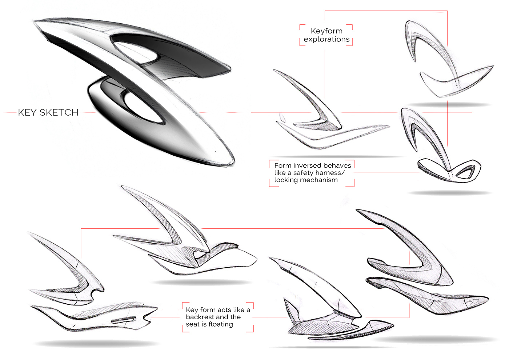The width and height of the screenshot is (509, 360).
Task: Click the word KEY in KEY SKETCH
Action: [x=27, y=112]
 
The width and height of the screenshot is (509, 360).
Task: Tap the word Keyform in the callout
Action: [x=326, y=31]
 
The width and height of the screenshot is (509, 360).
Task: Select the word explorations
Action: [x=326, y=39]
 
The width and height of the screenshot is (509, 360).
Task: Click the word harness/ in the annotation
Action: [x=330, y=173]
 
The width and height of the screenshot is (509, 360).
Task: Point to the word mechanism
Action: [x=321, y=180]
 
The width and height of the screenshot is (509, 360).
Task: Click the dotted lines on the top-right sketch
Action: [x=458, y=82]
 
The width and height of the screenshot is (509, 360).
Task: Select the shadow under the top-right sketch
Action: [x=449, y=105]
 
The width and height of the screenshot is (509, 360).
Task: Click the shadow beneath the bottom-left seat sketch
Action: [x=96, y=343]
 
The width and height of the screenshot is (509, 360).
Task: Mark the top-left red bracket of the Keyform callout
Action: [x=302, y=27]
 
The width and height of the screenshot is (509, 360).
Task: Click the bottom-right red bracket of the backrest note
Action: [x=251, y=329]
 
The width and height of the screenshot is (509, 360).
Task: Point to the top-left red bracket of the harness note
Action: [x=271, y=162]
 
